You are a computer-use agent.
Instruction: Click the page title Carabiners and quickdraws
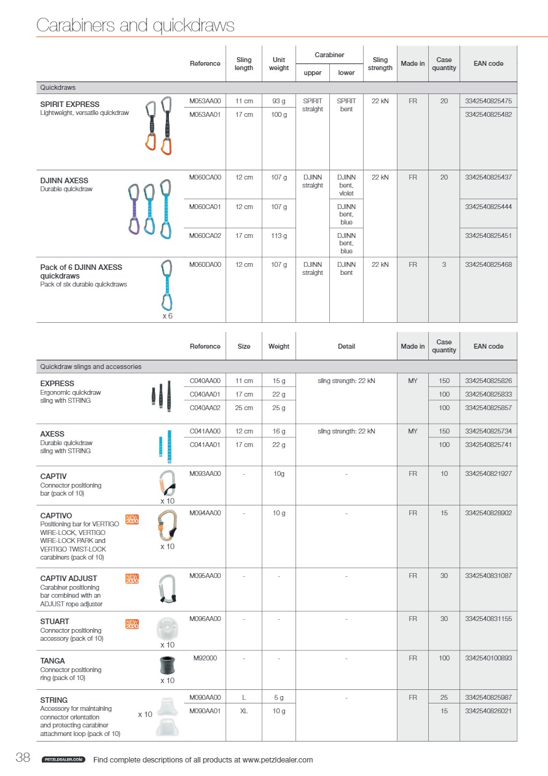tap(135, 25)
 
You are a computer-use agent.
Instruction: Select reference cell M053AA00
tap(205, 101)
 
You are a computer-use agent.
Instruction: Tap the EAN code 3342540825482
tap(488, 114)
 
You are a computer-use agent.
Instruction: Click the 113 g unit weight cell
tap(279, 236)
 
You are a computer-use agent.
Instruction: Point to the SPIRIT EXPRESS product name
tap(69, 105)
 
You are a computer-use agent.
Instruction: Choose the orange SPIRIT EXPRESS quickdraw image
tap(159, 125)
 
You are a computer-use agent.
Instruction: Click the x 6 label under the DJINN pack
tap(167, 316)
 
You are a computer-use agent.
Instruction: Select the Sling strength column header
tap(380, 64)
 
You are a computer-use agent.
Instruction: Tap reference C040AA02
tap(205, 408)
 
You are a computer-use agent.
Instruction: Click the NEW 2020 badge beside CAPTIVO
tap(131, 520)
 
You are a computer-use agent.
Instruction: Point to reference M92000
tap(205, 659)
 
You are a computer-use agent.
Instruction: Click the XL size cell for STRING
tap(244, 711)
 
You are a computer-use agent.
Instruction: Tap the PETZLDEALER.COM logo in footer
tap(63, 760)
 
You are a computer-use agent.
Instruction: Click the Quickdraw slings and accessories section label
tap(90, 367)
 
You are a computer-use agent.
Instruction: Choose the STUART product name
tap(55, 622)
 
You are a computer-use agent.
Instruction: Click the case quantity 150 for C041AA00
tap(444, 432)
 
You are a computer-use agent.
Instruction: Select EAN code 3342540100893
tap(488, 659)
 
